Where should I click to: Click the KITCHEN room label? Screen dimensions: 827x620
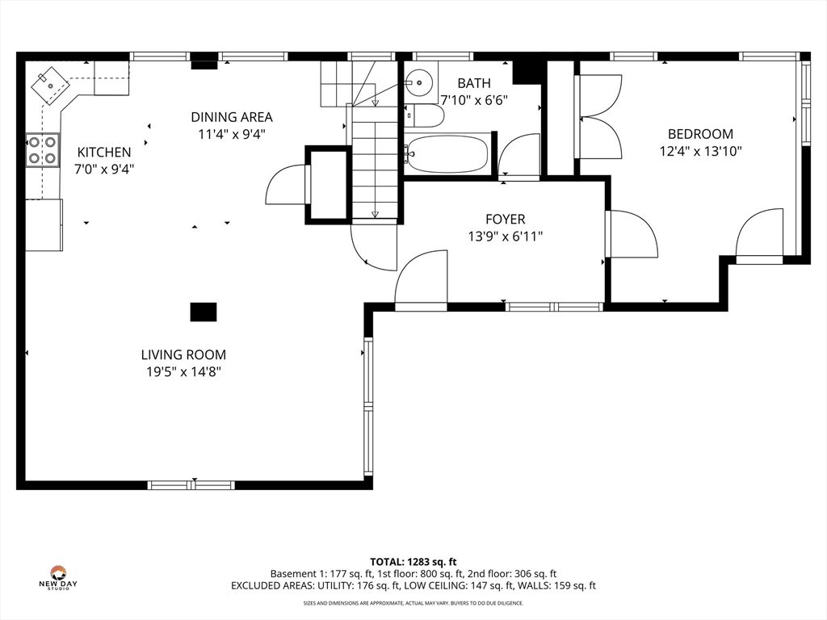(104, 153)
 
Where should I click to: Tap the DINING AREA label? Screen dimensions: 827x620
(232, 117)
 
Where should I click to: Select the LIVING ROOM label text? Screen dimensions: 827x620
(183, 355)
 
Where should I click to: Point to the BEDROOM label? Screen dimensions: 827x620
(700, 134)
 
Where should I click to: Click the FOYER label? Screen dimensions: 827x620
(506, 220)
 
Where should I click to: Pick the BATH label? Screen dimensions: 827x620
(474, 83)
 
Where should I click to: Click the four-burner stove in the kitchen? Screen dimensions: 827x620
(43, 150)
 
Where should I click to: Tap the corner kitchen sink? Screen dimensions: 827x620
(50, 84)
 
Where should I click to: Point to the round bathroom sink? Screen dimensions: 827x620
(419, 83)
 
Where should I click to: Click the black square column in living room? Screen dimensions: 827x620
(204, 312)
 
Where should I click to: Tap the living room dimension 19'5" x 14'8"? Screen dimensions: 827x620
(183, 372)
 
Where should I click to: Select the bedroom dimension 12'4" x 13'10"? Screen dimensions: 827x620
(700, 152)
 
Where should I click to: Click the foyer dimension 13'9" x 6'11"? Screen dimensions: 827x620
(506, 237)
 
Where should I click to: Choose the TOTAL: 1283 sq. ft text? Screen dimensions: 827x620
(413, 562)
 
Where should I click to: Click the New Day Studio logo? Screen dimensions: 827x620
(57, 578)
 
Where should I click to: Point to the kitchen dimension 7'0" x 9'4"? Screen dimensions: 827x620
(104, 170)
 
